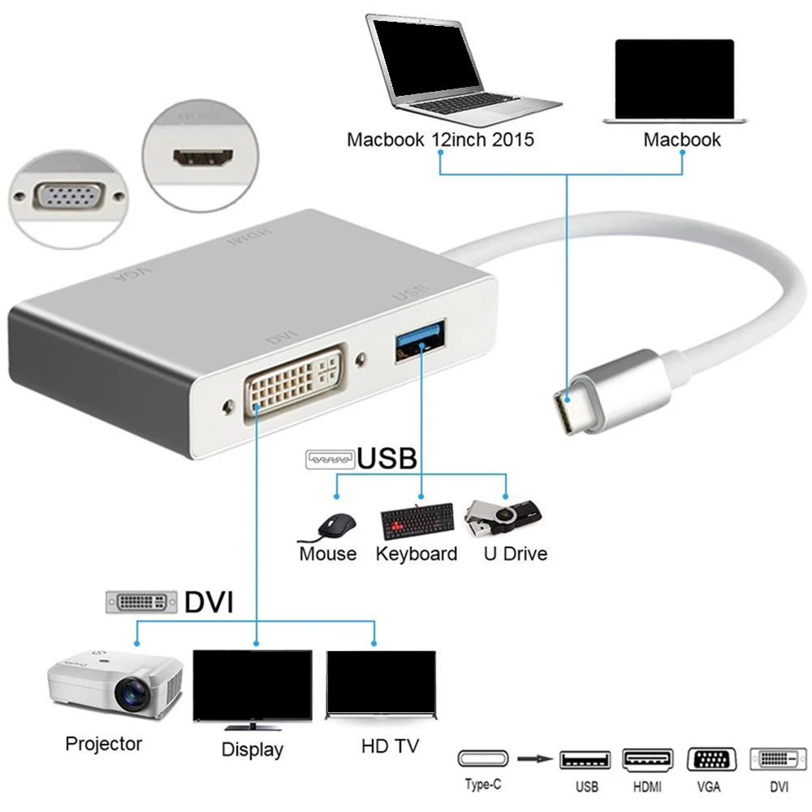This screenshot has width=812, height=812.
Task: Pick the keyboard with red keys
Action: [417, 522]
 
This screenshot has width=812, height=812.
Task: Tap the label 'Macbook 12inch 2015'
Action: [440, 140]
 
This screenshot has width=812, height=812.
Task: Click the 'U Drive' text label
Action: [515, 555]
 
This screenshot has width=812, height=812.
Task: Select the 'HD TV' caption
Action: [391, 745]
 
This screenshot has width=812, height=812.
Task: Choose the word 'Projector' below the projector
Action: [103, 744]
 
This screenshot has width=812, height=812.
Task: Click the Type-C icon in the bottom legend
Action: [483, 759]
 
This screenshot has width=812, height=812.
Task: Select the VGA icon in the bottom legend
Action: [711, 760]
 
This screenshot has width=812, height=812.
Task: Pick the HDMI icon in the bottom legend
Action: [647, 760]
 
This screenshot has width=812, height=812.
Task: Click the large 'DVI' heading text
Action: [208, 603]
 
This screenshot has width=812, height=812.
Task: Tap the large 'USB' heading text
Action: [387, 459]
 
